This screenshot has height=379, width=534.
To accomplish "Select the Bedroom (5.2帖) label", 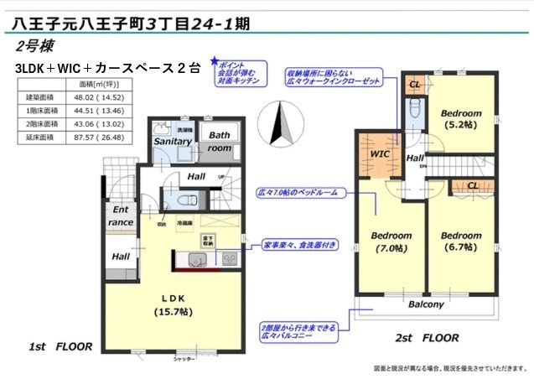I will (x=461, y=119).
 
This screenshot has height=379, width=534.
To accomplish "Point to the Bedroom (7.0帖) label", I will (x=391, y=241).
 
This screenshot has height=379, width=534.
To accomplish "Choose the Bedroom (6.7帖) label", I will (x=461, y=241).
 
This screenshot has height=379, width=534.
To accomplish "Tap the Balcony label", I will (x=426, y=304).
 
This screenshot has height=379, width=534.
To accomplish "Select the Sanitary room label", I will (x=173, y=142).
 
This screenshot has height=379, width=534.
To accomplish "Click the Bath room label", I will (x=220, y=141).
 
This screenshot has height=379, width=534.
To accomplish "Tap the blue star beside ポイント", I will (x=215, y=61).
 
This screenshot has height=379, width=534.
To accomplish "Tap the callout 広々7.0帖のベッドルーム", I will (x=298, y=193).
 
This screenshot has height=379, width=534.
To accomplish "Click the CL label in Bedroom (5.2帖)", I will (x=414, y=85).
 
